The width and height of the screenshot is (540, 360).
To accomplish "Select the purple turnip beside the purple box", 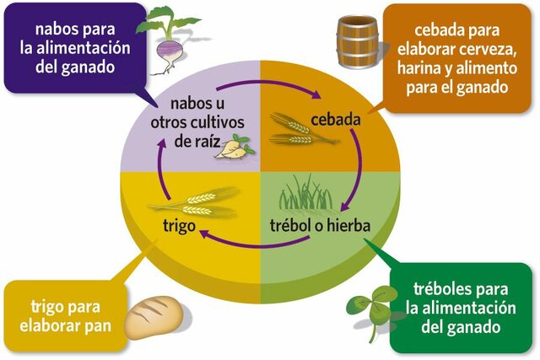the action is [169, 38].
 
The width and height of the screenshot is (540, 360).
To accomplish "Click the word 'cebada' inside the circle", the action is [336, 120].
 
